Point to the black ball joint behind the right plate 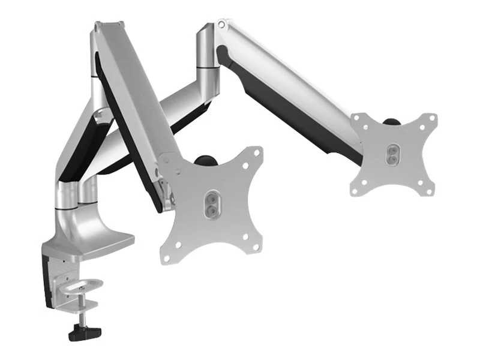click(392, 121)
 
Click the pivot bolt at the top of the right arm click(223, 25)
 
